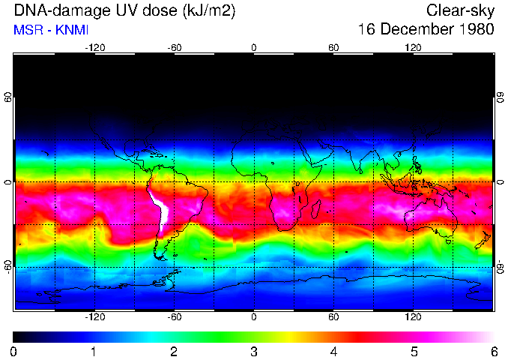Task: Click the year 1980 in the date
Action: coord(475,30)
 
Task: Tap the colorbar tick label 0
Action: coord(13,351)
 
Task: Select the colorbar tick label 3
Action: coord(253,351)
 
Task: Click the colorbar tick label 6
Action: coord(492,351)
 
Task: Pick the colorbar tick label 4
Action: coord(333,351)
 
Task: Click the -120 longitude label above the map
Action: coord(94,48)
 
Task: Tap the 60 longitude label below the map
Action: coord(333,316)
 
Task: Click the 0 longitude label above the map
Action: coord(253,48)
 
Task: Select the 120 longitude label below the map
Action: coord(413,316)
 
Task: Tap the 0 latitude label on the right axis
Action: coord(500,182)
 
